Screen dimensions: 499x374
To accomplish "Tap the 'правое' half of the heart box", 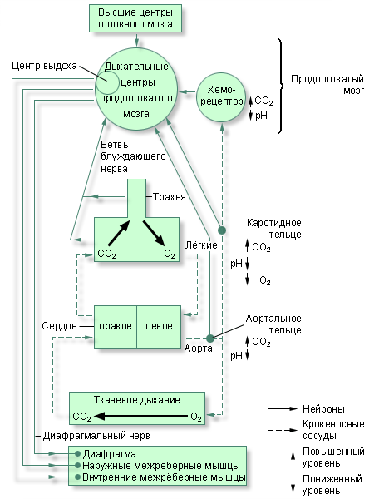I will click(115, 325).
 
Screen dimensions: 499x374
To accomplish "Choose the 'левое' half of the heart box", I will click(159, 325).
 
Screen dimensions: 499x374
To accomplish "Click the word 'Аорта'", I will click(198, 348).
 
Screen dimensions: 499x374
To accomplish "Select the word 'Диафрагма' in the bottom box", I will click(111, 454).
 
